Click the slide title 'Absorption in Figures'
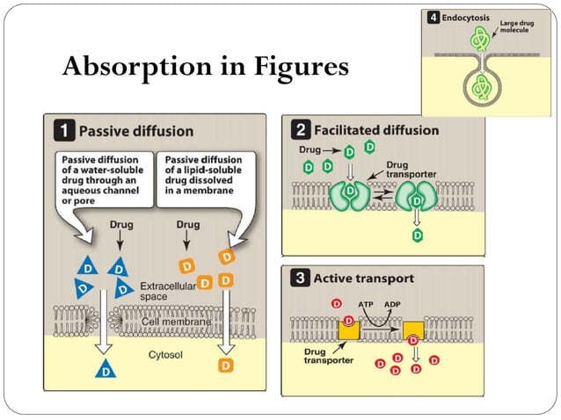point(205,67)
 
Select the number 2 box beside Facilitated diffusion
point(299,130)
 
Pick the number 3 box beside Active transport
point(299,279)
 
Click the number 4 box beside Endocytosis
point(433,17)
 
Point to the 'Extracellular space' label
point(167,292)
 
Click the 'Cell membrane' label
point(177,322)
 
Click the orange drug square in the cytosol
point(226,363)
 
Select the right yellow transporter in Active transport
point(413,330)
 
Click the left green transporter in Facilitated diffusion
point(348,194)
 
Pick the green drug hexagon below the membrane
point(418,235)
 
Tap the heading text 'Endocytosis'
point(464,17)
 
